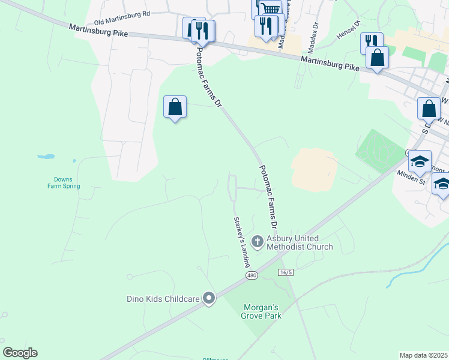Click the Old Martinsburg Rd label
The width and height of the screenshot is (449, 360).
pyautogui.click(x=121, y=13)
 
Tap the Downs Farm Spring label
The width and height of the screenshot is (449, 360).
pyautogui.click(x=63, y=182)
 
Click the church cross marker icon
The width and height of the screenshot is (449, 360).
pyautogui.click(x=258, y=242)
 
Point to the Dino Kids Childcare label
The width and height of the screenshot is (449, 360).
pyautogui.click(x=162, y=298)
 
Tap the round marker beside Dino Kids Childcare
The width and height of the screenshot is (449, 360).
pyautogui.click(x=209, y=298)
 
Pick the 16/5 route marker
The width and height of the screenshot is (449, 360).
pyautogui.click(x=286, y=272)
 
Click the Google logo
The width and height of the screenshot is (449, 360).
pyautogui.click(x=20, y=353)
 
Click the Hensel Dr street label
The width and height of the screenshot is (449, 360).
pyautogui.click(x=348, y=29)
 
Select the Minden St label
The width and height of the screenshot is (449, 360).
pyautogui.click(x=411, y=176)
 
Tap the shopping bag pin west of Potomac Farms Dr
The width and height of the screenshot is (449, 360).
pyautogui.click(x=175, y=107)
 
